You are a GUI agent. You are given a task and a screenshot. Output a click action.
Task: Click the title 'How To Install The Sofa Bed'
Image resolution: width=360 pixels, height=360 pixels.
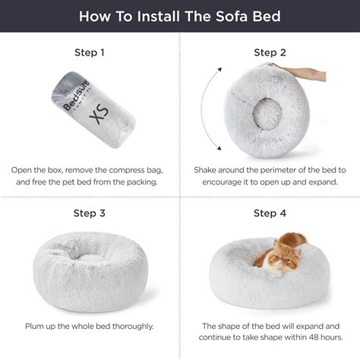(x=180, y=16)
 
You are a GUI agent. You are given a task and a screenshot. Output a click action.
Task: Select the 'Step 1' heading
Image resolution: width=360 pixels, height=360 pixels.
(x=90, y=53)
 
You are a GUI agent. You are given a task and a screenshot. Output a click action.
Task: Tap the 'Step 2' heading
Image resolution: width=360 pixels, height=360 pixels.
(x=270, y=53)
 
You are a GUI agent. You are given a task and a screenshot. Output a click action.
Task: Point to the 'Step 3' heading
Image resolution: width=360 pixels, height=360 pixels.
(x=90, y=213)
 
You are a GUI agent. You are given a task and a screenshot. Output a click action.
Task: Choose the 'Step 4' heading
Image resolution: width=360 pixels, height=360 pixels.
(x=270, y=213)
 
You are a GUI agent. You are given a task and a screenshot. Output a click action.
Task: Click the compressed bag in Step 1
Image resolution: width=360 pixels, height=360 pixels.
(x=90, y=111)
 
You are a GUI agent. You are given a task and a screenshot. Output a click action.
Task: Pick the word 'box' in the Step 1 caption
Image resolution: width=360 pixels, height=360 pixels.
(x=63, y=171)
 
